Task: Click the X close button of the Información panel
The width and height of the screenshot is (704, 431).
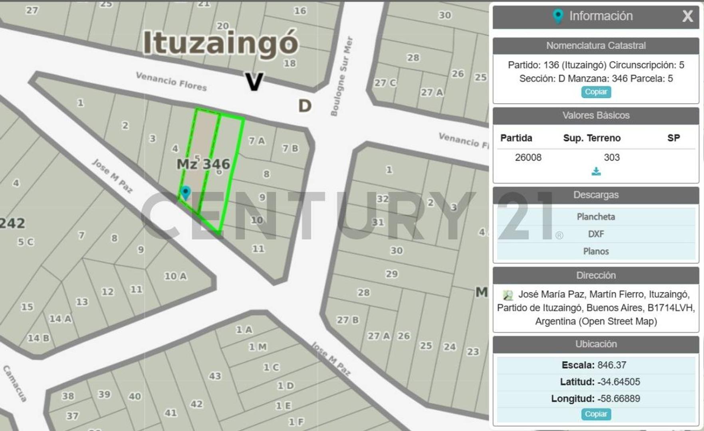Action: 687,16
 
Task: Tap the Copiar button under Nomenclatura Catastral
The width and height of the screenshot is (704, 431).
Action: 596,92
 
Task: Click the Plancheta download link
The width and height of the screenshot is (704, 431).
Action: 596,217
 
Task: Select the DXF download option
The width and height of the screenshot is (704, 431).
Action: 596,234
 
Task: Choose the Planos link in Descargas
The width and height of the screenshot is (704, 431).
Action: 596,251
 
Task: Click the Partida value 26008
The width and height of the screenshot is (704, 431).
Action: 528,157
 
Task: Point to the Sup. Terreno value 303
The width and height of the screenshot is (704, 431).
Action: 611,157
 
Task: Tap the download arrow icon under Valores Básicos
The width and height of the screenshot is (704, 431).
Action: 596,171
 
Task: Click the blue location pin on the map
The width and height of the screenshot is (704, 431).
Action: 185,192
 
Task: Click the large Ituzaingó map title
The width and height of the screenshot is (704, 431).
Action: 220,42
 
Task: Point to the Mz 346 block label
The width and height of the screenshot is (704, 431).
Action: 203,164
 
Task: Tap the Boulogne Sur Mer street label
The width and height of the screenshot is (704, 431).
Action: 342,76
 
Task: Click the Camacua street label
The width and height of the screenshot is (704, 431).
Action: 15,383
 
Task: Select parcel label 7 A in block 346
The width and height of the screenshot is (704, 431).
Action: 256,140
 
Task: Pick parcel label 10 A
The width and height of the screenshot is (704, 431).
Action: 175,276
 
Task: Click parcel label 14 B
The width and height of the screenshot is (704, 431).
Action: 38,338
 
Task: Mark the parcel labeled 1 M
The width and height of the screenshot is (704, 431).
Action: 258,347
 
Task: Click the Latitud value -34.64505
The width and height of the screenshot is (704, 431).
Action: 619,382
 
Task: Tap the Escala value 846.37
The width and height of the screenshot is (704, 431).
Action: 611,365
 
